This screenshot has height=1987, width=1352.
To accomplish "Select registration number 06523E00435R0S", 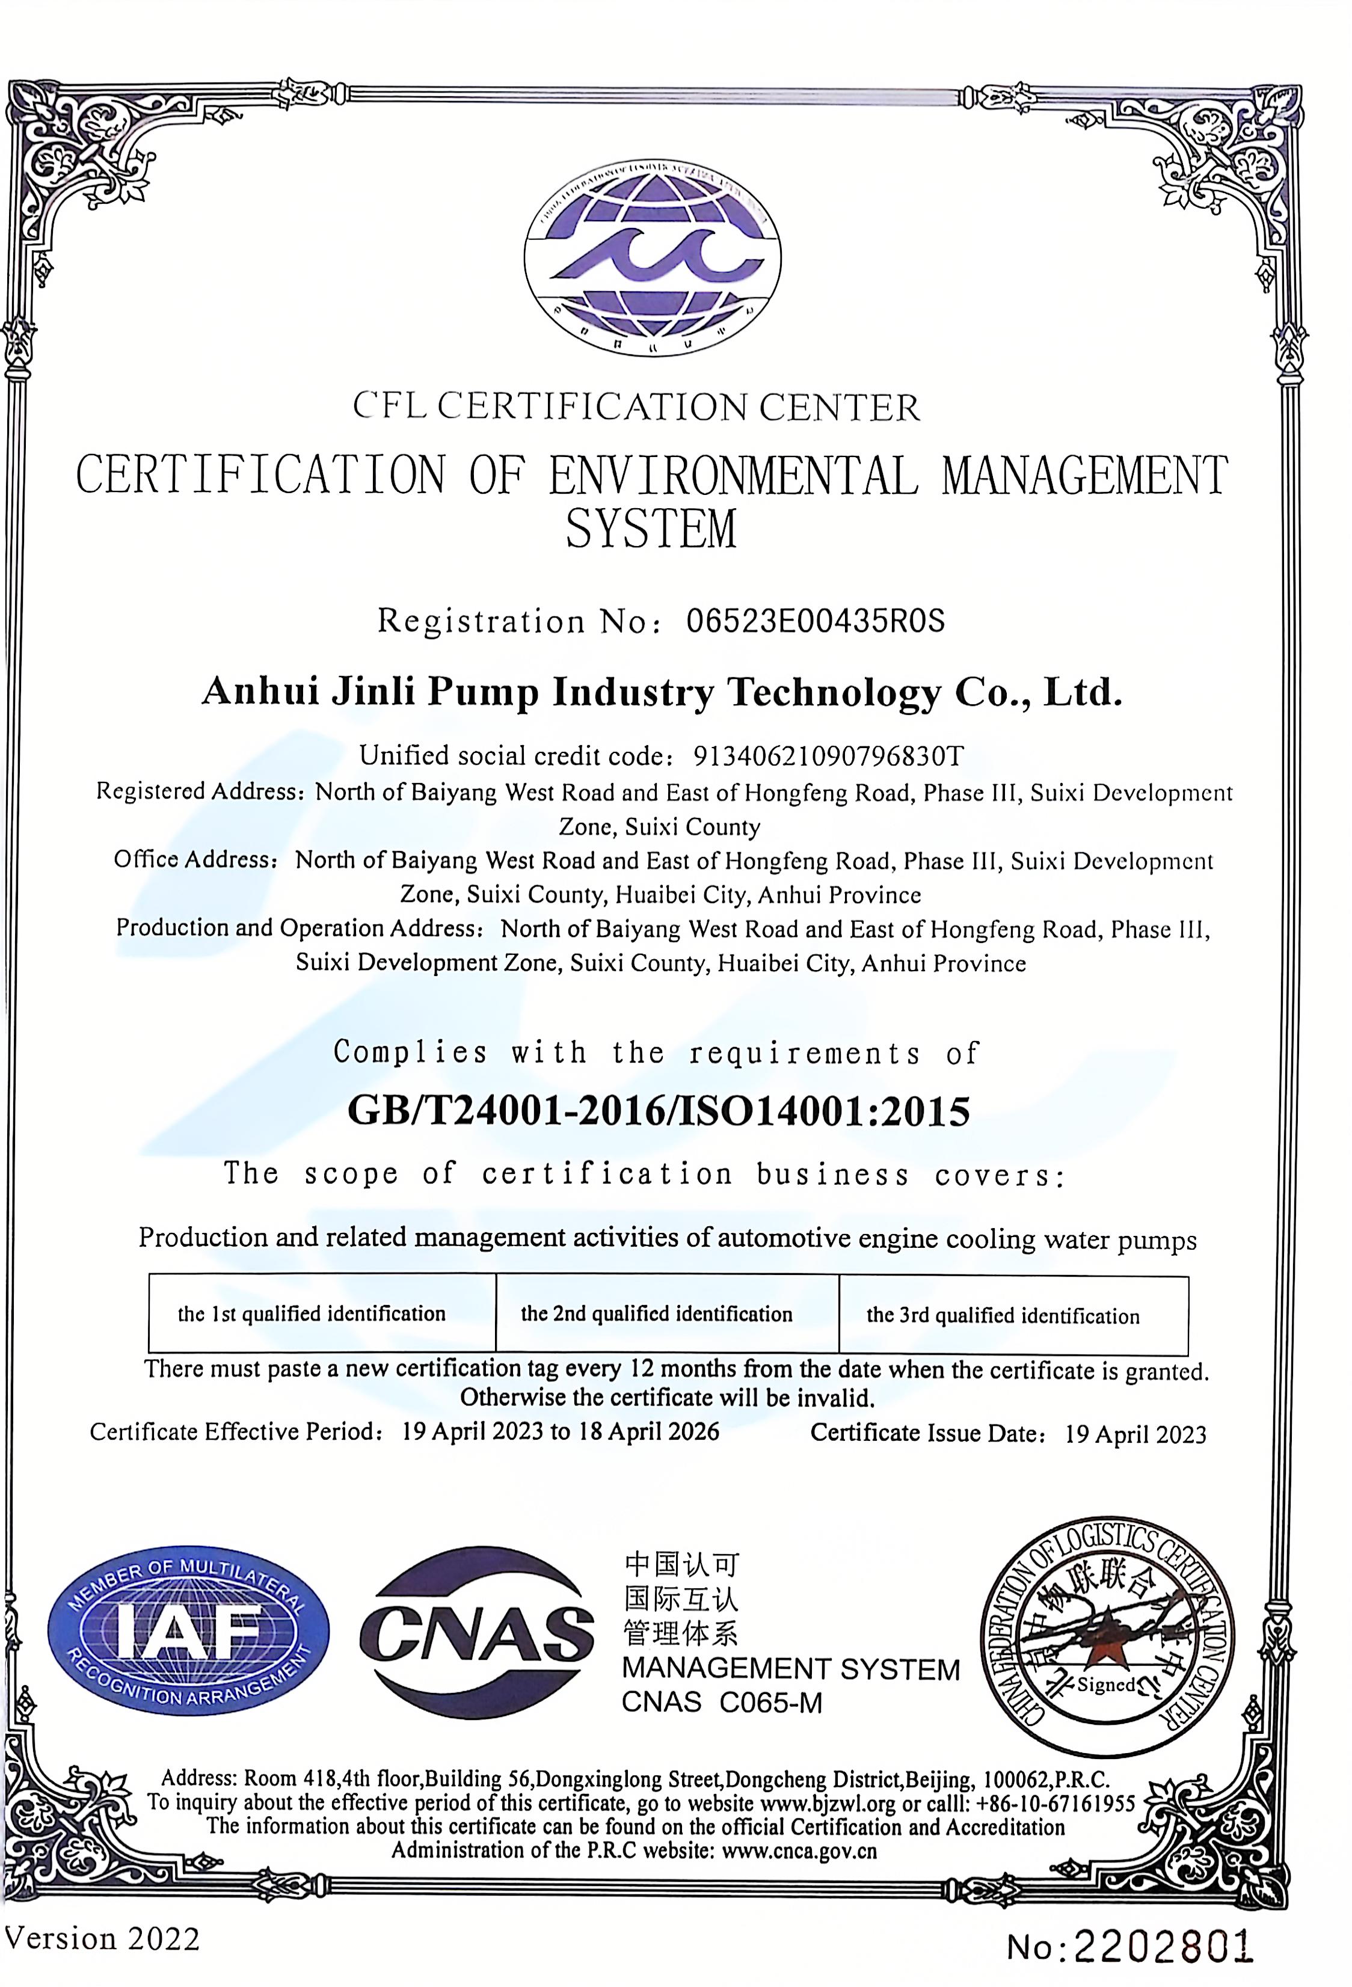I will pyautogui.click(x=815, y=621).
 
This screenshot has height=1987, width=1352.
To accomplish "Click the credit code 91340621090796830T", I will pyautogui.click(x=828, y=756).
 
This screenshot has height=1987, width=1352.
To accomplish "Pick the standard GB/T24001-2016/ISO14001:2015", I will pyautogui.click(x=659, y=1111).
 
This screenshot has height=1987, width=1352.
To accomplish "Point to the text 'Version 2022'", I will pyautogui.click(x=102, y=1938).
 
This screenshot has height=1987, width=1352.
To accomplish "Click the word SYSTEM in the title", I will pyautogui.click(x=651, y=529).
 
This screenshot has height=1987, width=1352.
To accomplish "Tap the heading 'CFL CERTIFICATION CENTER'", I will pyautogui.click(x=636, y=407).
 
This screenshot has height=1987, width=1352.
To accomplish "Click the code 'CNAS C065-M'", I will pyautogui.click(x=722, y=1703).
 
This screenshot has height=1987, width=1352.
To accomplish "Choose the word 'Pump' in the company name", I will pyautogui.click(x=483, y=692).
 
